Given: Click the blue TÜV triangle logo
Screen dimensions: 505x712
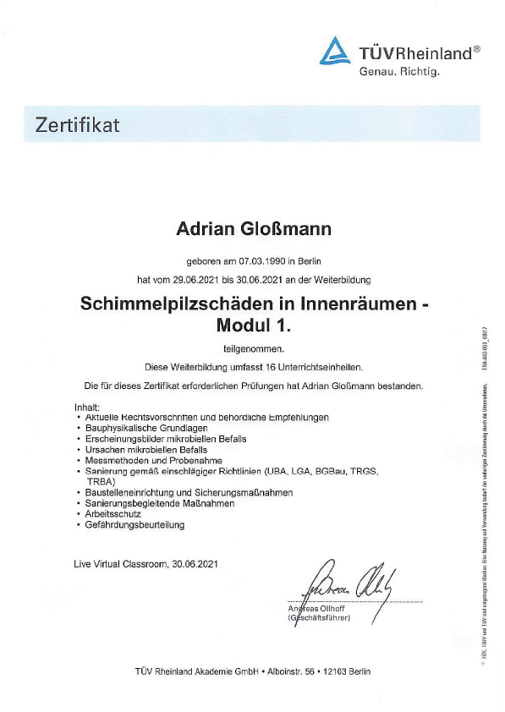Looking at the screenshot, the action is click(x=336, y=52).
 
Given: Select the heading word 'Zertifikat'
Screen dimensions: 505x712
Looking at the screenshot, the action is click(x=78, y=126).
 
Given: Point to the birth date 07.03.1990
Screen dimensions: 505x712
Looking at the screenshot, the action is click(x=261, y=261).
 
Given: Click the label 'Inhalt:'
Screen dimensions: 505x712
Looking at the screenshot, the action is click(x=87, y=408).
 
